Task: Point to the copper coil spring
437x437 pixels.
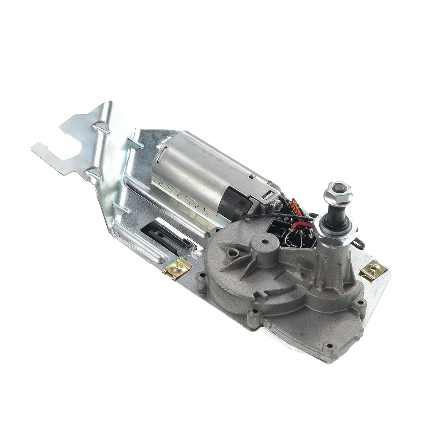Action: [x=295, y=211]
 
